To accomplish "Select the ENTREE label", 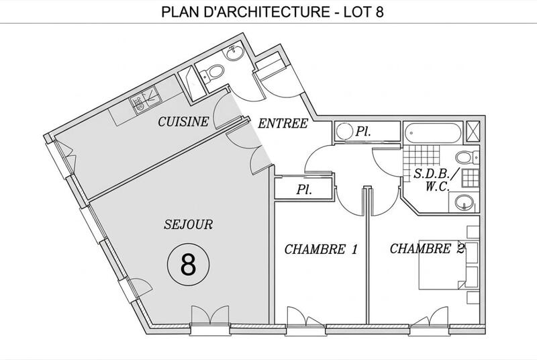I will pos(283,123).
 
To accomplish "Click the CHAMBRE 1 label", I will pos(320,250).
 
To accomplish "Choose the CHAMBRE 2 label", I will pos(428,249).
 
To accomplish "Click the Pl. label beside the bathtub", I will pos(364,131).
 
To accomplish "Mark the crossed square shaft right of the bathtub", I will pos(473,130).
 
